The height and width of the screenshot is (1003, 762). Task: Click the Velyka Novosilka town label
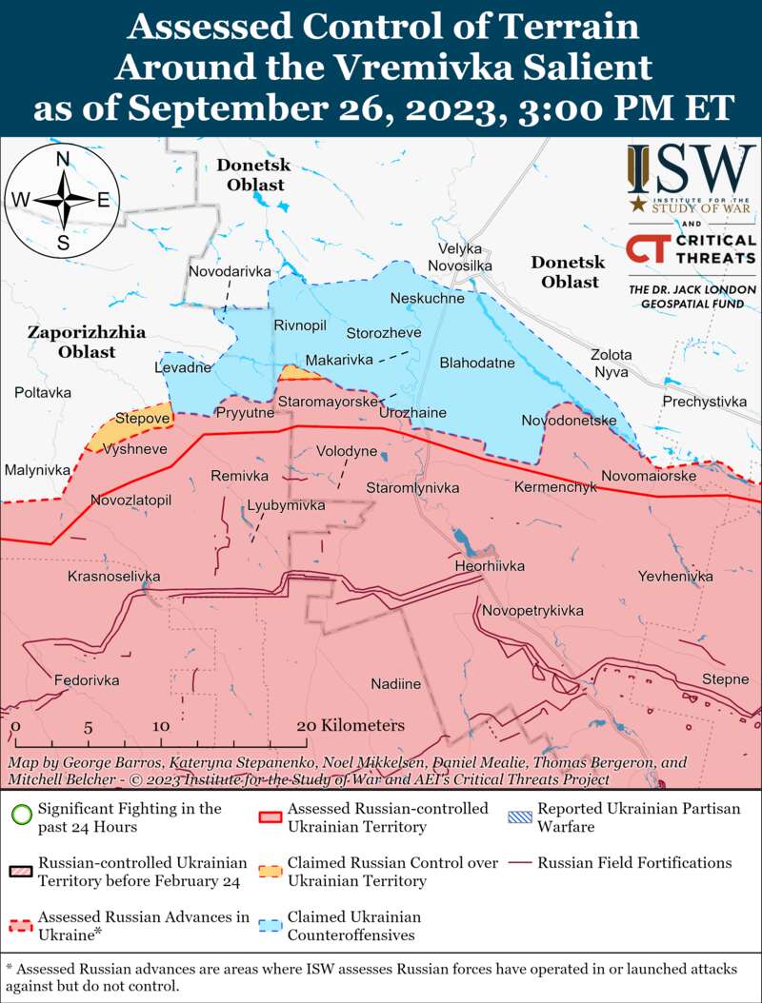[x=459, y=257]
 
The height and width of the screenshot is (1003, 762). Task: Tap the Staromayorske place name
[x=328, y=403]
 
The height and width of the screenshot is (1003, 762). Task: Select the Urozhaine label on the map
[x=412, y=413]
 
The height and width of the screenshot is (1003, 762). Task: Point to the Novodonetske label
[x=569, y=420]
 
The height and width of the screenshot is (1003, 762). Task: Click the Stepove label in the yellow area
[x=143, y=418]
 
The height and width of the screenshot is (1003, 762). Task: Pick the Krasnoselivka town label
[x=113, y=577]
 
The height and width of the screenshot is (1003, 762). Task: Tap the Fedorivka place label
[x=87, y=680]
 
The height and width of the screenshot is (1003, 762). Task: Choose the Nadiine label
[x=395, y=683]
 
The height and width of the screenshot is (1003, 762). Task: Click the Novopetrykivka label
[x=532, y=610]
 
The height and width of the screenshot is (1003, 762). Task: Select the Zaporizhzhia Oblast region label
[x=86, y=342]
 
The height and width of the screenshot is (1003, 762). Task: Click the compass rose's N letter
[x=63, y=159]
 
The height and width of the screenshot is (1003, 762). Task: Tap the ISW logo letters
[x=691, y=170]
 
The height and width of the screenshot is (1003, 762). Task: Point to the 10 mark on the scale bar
[x=160, y=727]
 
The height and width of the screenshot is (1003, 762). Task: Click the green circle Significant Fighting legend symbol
[x=19, y=816]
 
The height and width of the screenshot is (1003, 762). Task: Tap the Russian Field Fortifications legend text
[x=634, y=863]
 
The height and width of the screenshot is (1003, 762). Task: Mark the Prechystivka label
[x=705, y=402]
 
